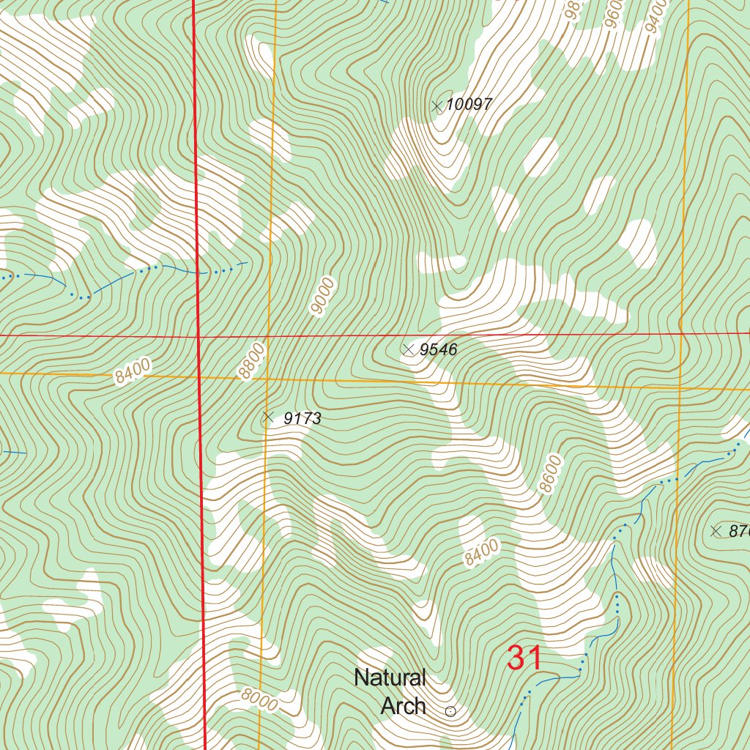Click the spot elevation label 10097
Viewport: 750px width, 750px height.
coord(469,105)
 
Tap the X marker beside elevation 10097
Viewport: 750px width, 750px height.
coord(437,106)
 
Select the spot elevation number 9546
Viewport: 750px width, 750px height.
coord(439,350)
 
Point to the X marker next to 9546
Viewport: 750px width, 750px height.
coord(409,350)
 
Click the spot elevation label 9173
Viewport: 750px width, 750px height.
coord(302,419)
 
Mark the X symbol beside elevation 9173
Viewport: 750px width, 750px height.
coord(267,418)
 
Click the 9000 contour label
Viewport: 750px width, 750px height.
coord(322,296)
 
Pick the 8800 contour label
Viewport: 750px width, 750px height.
coord(250,363)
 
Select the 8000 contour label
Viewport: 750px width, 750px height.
coord(260,702)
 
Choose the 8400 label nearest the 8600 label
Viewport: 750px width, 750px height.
coord(481,552)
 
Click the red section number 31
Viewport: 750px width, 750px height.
coord(524,658)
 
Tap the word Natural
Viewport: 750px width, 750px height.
coord(390,678)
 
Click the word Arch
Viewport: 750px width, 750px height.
coord(404,706)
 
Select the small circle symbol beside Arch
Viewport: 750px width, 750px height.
coord(450,710)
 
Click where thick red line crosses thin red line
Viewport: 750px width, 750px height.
coord(198,337)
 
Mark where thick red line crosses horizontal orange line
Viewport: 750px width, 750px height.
coord(200,377)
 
